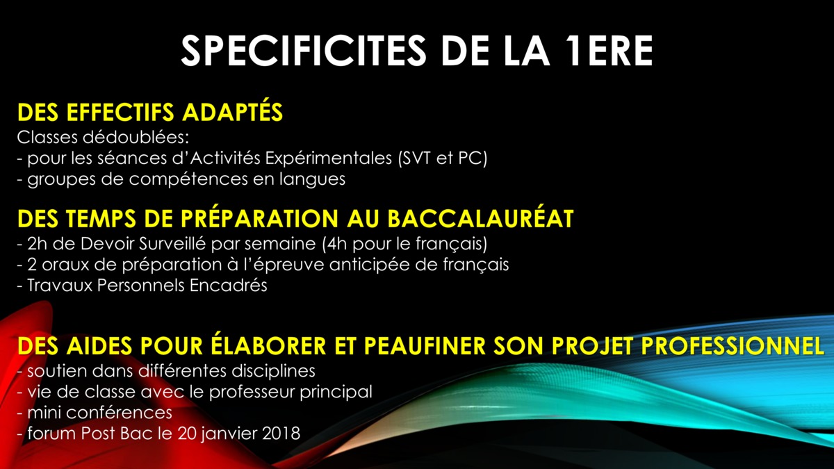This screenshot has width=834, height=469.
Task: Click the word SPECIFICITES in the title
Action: [x=303, y=51]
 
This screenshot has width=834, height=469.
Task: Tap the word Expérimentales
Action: [x=328, y=159]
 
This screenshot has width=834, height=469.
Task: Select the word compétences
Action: [x=188, y=179]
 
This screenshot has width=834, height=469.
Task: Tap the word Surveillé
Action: [x=172, y=244]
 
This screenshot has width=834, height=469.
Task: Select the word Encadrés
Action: [x=228, y=286]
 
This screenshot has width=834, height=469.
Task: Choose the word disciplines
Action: [x=273, y=371]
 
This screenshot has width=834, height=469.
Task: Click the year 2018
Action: [x=281, y=434]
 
